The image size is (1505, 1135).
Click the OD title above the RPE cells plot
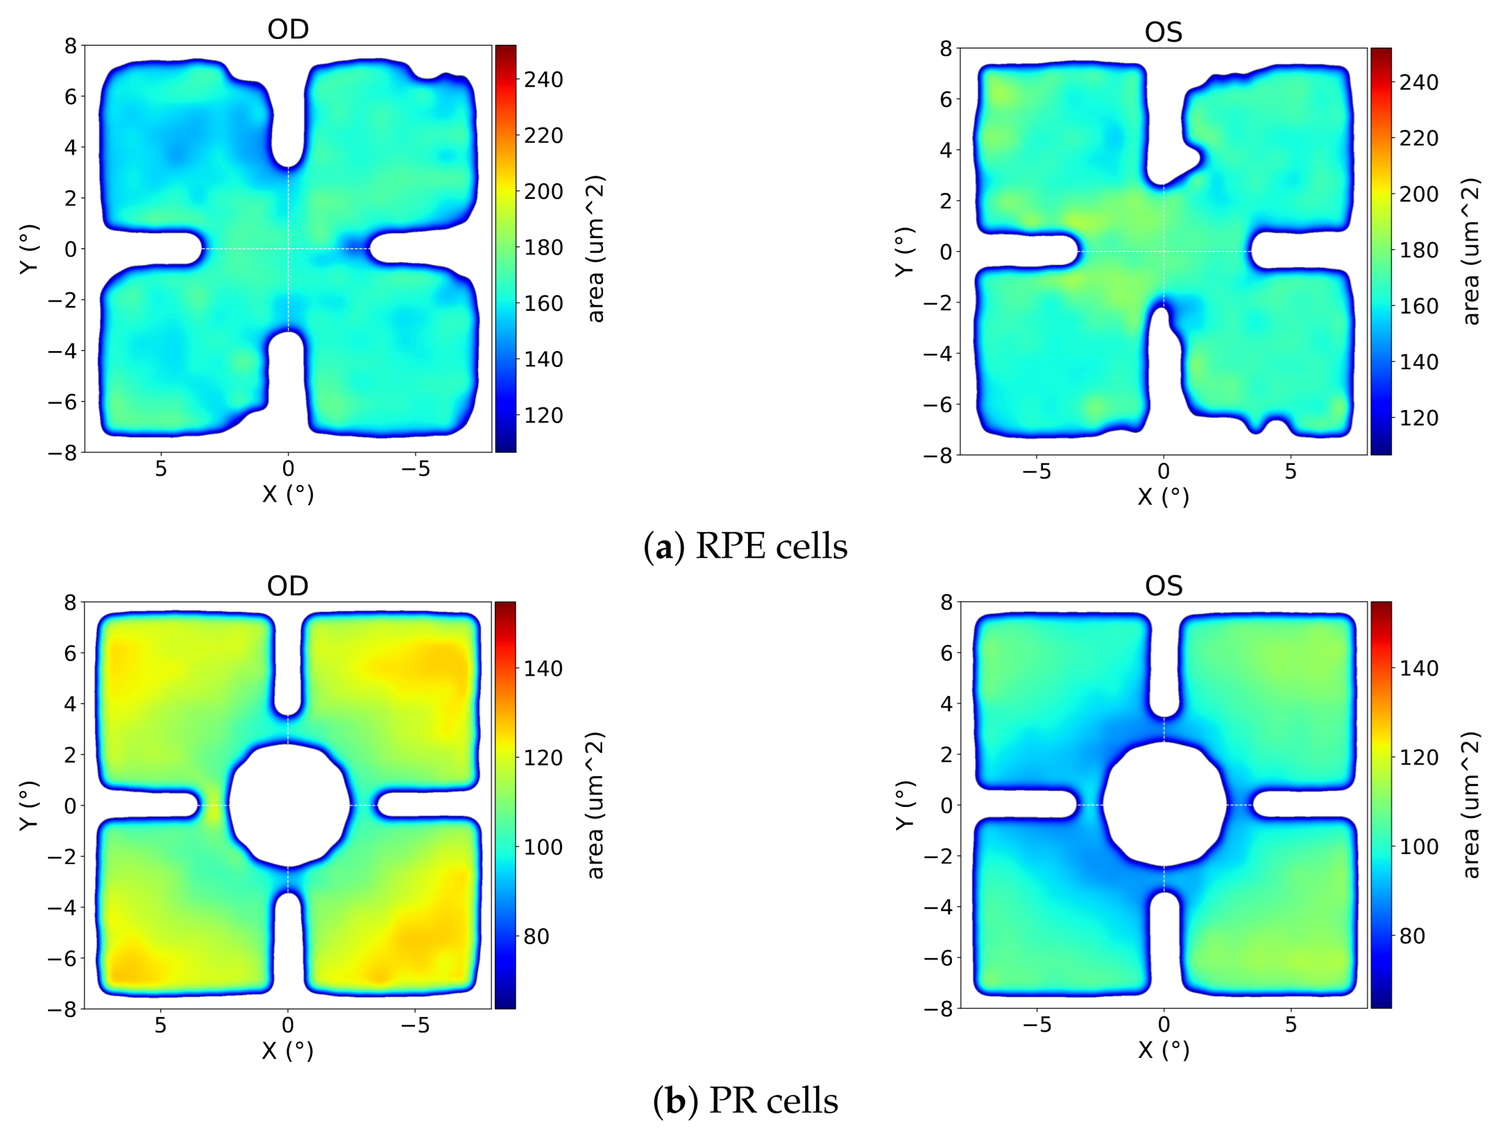click(288, 29)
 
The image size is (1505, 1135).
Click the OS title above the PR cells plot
click(1164, 585)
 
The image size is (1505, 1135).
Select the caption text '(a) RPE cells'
click(746, 547)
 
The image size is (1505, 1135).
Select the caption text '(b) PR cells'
click(746, 1101)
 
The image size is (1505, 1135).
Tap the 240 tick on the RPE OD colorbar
click(543, 80)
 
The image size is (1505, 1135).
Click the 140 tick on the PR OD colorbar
click(543, 668)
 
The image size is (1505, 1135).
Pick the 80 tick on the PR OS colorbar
click(1412, 936)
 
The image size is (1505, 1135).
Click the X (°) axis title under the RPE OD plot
click(288, 493)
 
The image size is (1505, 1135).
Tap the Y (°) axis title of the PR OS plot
click(905, 805)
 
